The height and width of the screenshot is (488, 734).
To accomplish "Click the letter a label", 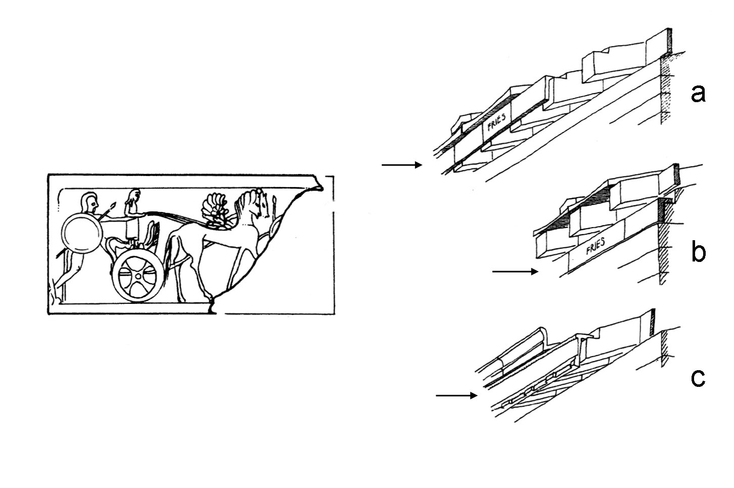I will (698, 94).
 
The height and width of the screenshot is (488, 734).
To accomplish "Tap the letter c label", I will (698, 378).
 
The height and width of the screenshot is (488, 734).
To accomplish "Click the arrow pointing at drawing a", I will (401, 165).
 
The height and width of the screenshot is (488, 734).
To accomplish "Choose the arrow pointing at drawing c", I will (456, 395).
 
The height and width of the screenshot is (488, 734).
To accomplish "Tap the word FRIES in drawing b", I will (596, 248).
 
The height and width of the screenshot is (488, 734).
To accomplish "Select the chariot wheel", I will (138, 276).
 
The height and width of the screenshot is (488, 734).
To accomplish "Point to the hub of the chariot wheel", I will (138, 277).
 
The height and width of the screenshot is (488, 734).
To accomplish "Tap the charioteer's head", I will (134, 196).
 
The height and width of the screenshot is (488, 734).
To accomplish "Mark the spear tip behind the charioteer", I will (114, 206).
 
